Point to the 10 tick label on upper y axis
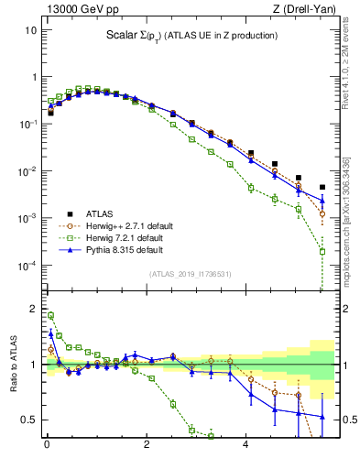click(30, 29)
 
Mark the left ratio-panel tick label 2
click(33, 309)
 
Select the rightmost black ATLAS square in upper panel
click(322, 187)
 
